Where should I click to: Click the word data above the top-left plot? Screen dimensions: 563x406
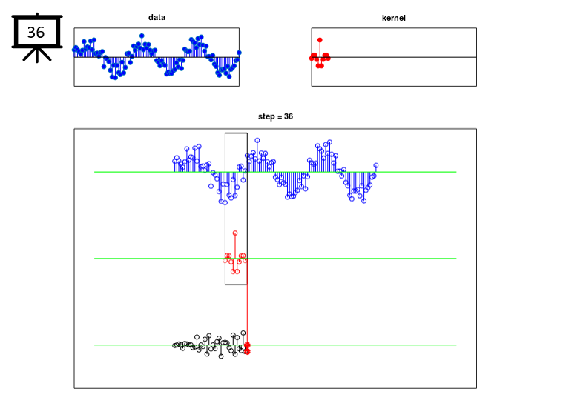pyautogui.click(x=157, y=17)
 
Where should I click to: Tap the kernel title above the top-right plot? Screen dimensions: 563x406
pyautogui.click(x=394, y=18)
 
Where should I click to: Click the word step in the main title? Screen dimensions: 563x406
pyautogui.click(x=266, y=116)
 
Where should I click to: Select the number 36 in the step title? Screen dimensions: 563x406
pyautogui.click(x=289, y=116)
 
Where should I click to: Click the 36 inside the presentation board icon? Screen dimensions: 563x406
pyautogui.click(x=36, y=33)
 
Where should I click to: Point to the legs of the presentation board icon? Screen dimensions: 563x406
pyautogui.click(x=37, y=55)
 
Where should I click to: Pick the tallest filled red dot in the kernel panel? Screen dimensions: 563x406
pyautogui.click(x=320, y=40)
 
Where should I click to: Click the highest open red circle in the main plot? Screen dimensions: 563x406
pyautogui.click(x=235, y=233)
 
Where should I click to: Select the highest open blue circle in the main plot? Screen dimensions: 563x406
pyautogui.click(x=257, y=140)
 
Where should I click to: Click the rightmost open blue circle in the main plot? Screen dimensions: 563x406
pyautogui.click(x=376, y=165)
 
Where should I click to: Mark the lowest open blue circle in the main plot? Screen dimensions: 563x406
pyautogui.click(x=225, y=203)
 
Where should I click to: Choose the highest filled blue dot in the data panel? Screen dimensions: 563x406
pyautogui.click(x=142, y=36)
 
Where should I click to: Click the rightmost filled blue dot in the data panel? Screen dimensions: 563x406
pyautogui.click(x=239, y=53)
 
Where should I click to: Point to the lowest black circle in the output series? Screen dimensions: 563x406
pyautogui.click(x=221, y=356)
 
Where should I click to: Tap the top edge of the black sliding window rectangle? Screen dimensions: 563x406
pyautogui.click(x=236, y=133)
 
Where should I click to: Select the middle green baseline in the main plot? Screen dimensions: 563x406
pyautogui.click(x=275, y=259)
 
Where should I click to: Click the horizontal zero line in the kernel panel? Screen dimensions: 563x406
pyautogui.click(x=394, y=57)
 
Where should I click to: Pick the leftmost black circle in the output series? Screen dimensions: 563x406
pyautogui.click(x=175, y=345)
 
